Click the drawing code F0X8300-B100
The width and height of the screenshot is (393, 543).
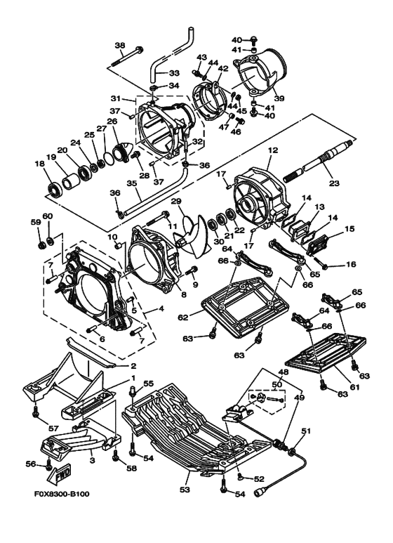point(61,494)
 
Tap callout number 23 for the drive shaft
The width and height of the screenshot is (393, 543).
point(334,183)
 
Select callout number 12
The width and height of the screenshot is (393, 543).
point(273,150)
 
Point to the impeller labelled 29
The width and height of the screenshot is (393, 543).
point(194,235)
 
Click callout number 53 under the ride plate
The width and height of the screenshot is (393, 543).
point(185,490)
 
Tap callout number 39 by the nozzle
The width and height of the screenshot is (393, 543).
point(279,98)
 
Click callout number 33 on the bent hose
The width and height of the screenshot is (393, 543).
point(174,73)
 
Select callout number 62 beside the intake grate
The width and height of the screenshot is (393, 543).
point(183,317)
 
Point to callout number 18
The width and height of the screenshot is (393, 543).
point(39,163)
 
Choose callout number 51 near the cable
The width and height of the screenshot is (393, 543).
point(306,431)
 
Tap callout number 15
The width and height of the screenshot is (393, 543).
point(349,229)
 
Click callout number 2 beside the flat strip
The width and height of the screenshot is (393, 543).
point(133,366)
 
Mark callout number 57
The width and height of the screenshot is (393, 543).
point(53,428)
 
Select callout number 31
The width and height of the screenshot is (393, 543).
point(116,99)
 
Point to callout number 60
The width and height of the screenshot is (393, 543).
point(48,216)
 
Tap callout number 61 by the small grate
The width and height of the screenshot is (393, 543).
point(354,386)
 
